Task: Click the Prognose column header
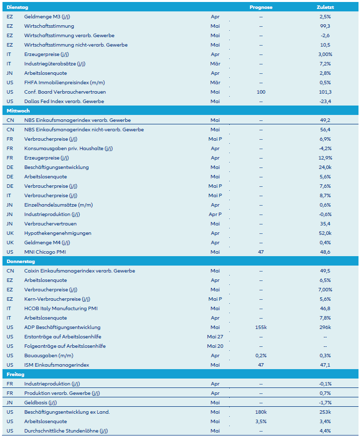(260, 7)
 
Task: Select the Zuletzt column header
(325, 7)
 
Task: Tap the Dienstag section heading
(17, 7)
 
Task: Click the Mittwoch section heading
(18, 110)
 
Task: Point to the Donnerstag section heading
(21, 261)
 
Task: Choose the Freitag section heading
(16, 374)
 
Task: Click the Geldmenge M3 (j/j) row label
(47, 16)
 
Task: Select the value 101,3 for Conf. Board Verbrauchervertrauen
(325, 92)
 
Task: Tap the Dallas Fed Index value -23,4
(325, 101)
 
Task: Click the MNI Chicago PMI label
(45, 252)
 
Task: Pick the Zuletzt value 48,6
(325, 252)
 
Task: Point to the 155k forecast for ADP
(260, 327)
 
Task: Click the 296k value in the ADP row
(325, 327)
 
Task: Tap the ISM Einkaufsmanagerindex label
(56, 365)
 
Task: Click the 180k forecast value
(260, 412)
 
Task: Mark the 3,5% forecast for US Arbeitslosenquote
(260, 421)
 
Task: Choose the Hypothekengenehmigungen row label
(57, 233)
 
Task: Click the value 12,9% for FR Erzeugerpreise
(325, 158)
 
